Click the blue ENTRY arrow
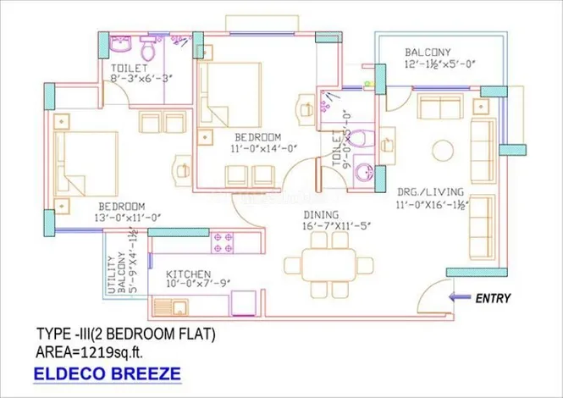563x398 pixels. click(460, 297)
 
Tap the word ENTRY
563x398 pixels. click(493, 298)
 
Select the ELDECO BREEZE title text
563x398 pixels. click(107, 373)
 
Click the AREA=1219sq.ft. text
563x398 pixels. click(90, 352)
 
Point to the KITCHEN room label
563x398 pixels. click(188, 274)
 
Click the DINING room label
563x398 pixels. click(321, 215)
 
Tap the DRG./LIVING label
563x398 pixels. click(430, 192)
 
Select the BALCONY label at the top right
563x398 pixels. click(428, 53)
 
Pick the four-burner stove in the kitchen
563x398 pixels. click(223, 243)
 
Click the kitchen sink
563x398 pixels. click(179, 308)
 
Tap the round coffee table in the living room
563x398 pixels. click(443, 151)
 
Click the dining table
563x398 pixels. click(328, 265)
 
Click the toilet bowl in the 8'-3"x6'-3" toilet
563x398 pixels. click(147, 49)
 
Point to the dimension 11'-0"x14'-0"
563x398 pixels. click(264, 148)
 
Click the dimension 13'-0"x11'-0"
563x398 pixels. click(128, 218)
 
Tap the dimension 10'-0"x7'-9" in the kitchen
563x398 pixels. click(198, 284)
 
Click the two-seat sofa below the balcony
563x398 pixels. click(440, 107)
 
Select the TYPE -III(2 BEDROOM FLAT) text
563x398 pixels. click(126, 334)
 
